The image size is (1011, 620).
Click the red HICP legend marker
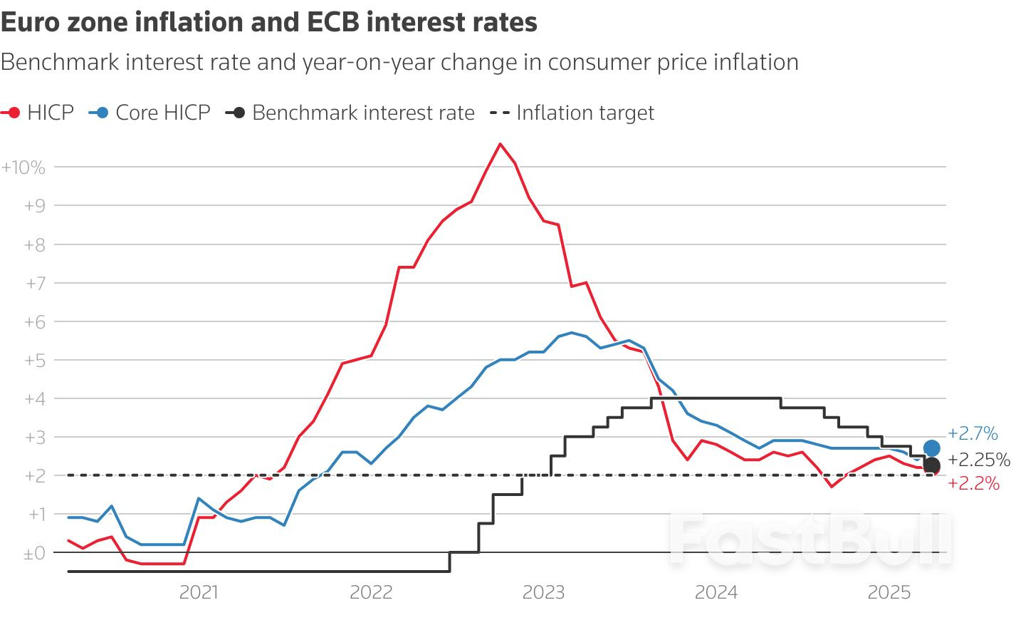pyautogui.click(x=12, y=113)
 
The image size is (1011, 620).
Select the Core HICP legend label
pyautogui.click(x=163, y=113)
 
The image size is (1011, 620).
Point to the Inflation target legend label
pyautogui.click(x=585, y=113)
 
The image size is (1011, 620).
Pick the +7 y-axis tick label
pyautogui.click(x=35, y=283)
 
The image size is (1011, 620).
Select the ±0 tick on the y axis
pyautogui.click(x=34, y=553)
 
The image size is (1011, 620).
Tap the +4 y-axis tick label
pyautogui.click(x=35, y=399)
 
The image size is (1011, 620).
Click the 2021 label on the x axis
pyautogui.click(x=199, y=592)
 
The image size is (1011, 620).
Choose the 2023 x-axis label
pyautogui.click(x=543, y=592)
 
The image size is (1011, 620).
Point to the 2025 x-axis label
pyautogui.click(x=889, y=592)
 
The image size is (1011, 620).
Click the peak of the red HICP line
pyautogui.click(x=500, y=144)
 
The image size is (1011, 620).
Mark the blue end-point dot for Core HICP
pyautogui.click(x=931, y=448)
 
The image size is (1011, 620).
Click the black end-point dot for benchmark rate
pyautogui.click(x=931, y=465)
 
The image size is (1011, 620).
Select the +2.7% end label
pyautogui.click(x=973, y=433)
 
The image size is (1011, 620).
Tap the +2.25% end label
pyautogui.click(x=978, y=460)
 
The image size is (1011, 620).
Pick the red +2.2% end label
pyautogui.click(x=973, y=484)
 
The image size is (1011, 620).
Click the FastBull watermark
pyautogui.click(x=810, y=539)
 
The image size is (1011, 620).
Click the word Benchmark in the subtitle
pyautogui.click(x=59, y=63)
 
